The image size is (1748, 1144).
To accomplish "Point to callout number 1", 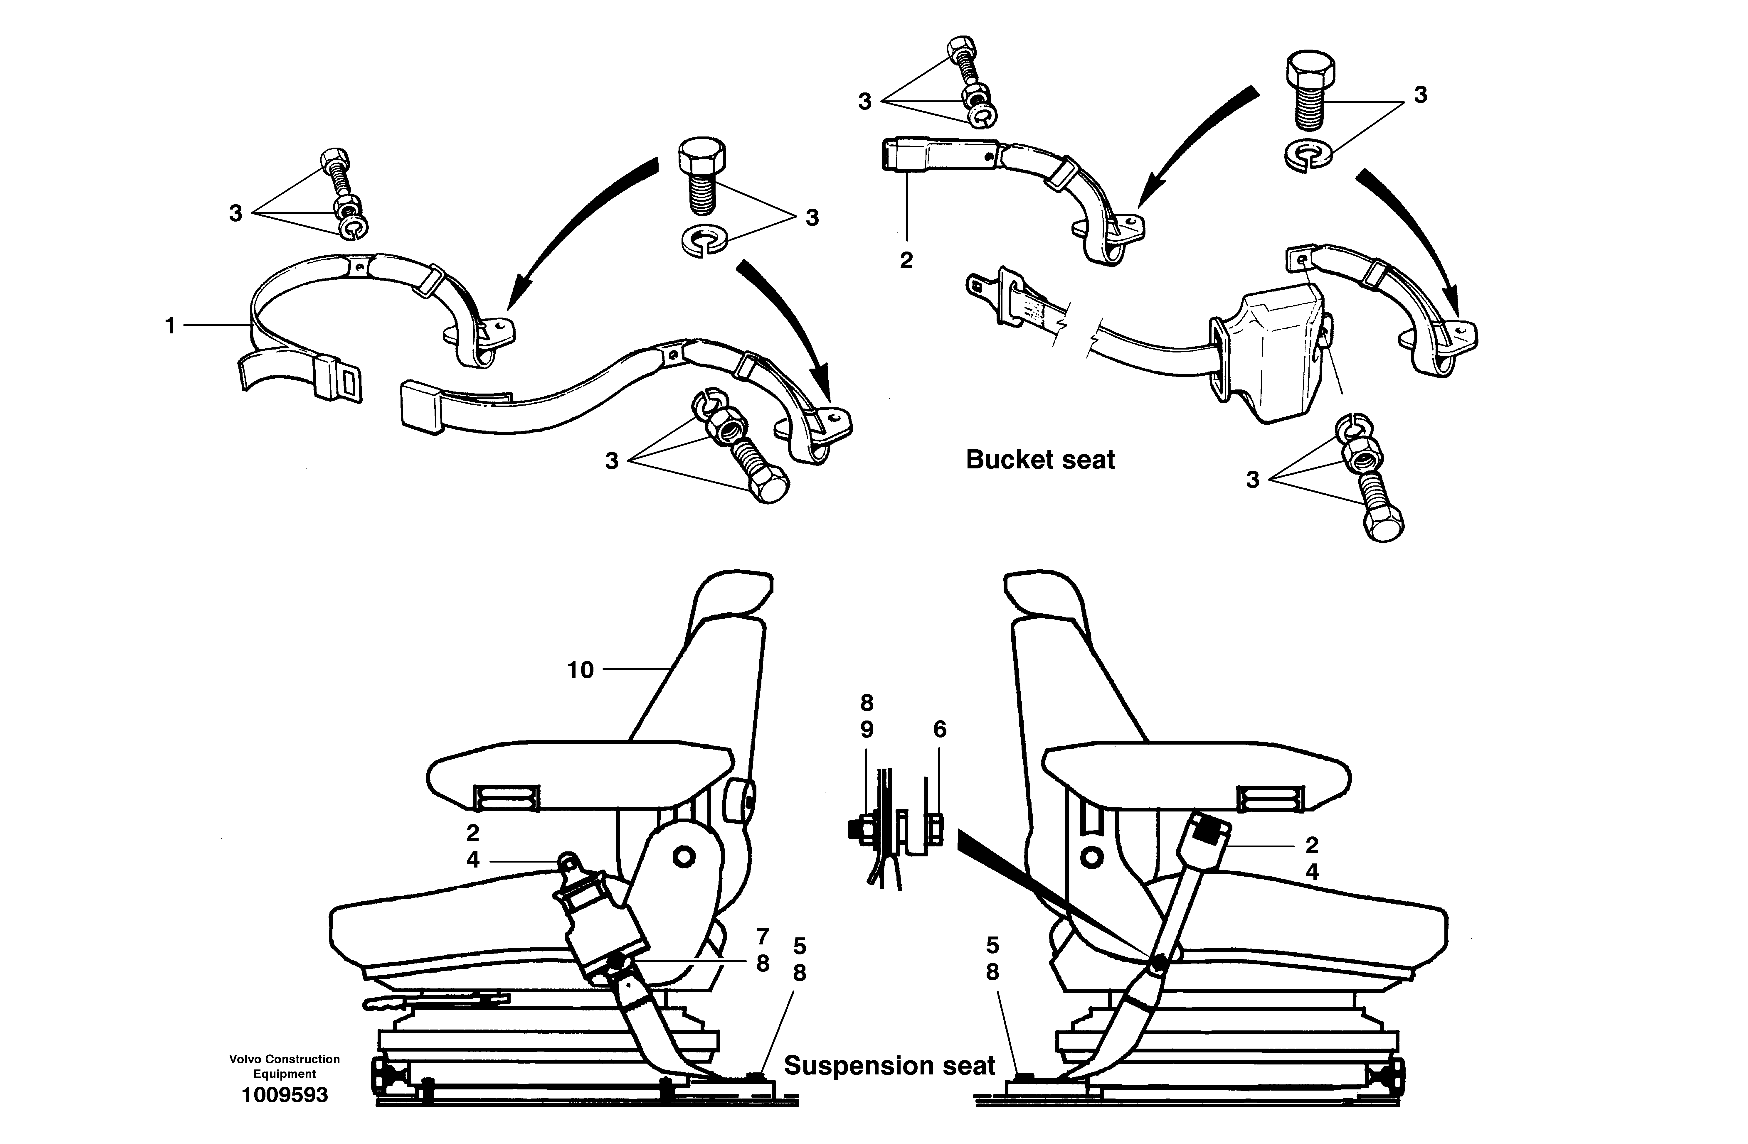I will coord(170,325).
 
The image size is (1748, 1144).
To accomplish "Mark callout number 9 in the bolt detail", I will coord(867,730).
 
